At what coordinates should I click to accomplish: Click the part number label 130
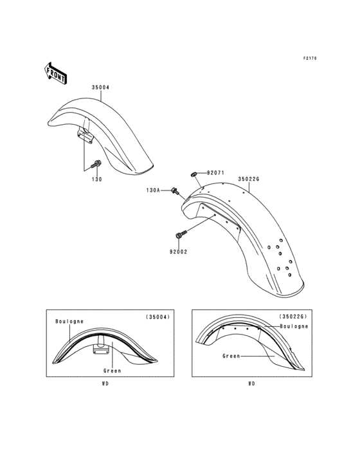pyautogui.click(x=96, y=180)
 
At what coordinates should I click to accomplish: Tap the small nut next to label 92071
pyautogui.click(x=194, y=174)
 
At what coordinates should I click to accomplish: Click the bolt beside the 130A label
pyautogui.click(x=176, y=190)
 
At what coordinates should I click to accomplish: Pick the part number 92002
pyautogui.click(x=177, y=253)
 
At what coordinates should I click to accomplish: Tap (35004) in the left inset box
pyautogui.click(x=156, y=317)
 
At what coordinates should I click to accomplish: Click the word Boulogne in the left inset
pyautogui.click(x=69, y=320)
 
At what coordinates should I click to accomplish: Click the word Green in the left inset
pyautogui.click(x=111, y=371)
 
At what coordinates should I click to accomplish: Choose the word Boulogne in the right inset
pyautogui.click(x=294, y=326)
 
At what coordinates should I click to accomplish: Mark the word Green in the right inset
pyautogui.click(x=232, y=356)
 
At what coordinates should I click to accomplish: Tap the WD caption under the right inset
pyautogui.click(x=251, y=384)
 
